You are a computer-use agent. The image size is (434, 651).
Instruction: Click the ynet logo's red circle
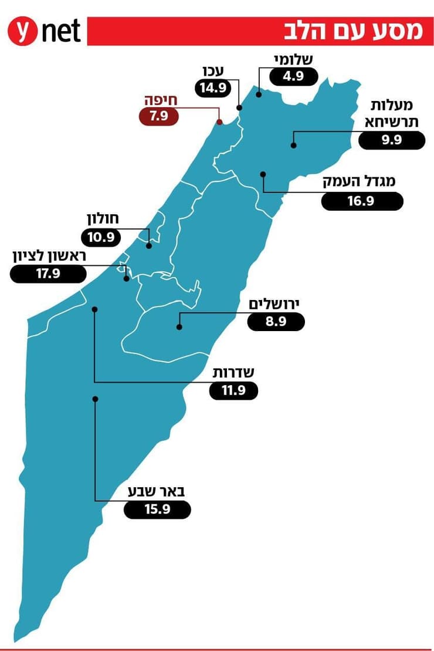(22, 32)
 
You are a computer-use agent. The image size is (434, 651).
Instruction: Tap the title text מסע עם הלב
(354, 31)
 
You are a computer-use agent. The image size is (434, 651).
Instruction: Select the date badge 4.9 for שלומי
(294, 76)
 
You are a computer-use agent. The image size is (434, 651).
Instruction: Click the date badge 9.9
(391, 141)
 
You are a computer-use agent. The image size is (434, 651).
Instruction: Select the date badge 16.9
(362, 201)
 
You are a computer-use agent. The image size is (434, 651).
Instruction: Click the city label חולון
(103, 220)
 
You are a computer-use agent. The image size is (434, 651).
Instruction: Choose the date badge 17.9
(49, 274)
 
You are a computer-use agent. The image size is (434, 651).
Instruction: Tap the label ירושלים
(274, 303)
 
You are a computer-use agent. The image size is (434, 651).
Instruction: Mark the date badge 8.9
(276, 322)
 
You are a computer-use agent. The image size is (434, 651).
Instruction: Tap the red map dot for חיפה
(219, 122)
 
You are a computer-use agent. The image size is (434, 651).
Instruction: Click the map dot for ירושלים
(179, 327)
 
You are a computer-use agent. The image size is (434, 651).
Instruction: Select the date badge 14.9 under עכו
(213, 89)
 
